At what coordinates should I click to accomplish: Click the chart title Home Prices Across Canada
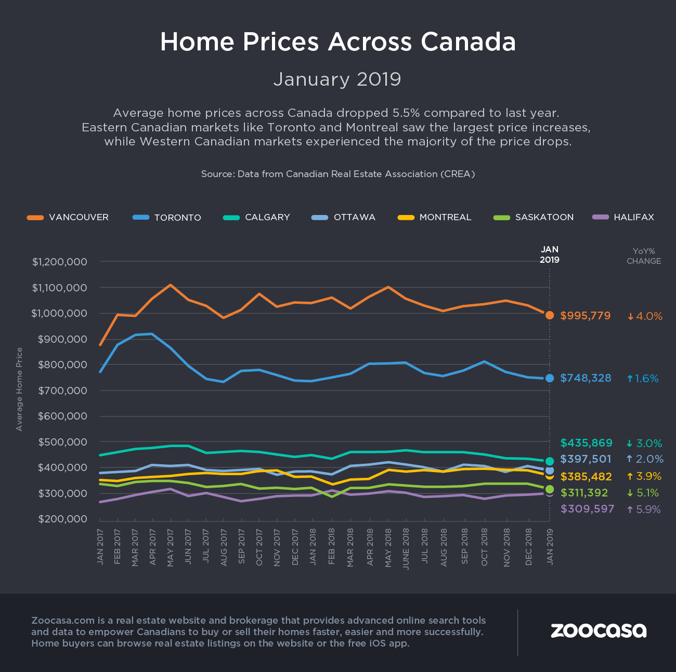click(x=337, y=42)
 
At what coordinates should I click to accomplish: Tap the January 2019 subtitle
click(x=337, y=79)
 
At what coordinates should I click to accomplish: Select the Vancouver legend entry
click(x=68, y=217)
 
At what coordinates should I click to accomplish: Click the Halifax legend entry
click(x=623, y=217)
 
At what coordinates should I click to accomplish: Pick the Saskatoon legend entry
click(x=534, y=217)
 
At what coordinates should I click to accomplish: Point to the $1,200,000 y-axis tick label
click(x=59, y=262)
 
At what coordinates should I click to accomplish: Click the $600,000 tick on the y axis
click(x=62, y=416)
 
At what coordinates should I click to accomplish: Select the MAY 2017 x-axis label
click(x=170, y=547)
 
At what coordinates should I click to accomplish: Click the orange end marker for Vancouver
click(x=550, y=315)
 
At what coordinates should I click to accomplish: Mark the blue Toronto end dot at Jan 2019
click(x=550, y=378)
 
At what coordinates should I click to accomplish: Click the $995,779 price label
click(x=586, y=316)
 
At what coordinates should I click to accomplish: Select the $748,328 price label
click(x=586, y=378)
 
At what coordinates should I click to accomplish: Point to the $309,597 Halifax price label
click(x=587, y=509)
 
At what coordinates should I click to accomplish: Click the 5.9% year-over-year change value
click(x=644, y=509)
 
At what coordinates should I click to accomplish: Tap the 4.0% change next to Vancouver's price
click(x=645, y=316)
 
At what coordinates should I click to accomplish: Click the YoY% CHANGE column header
click(x=644, y=256)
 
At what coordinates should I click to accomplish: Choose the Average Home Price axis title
click(x=19, y=389)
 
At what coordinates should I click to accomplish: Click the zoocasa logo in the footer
click(x=599, y=630)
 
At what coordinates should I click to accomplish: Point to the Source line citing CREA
click(x=337, y=174)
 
